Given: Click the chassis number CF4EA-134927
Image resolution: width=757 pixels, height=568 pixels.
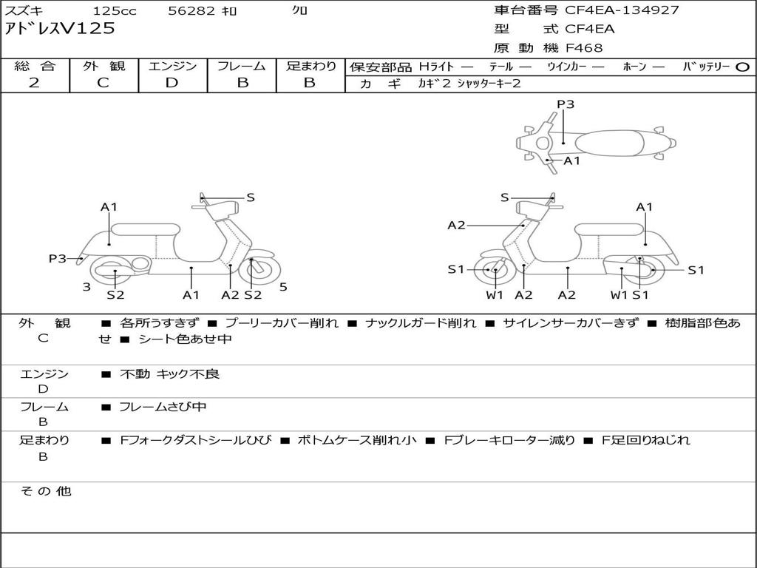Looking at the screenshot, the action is [622, 10].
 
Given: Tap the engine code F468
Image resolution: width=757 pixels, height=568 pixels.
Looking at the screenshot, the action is [584, 48].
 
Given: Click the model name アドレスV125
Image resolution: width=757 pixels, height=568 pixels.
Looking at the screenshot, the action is [60, 29].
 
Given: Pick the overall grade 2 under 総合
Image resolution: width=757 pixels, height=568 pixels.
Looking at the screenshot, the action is [34, 83].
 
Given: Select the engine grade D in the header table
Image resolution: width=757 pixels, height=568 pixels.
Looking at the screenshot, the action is [172, 83].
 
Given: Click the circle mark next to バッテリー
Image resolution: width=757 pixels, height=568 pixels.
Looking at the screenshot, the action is [742, 67].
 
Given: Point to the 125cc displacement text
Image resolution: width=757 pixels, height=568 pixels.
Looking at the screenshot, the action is [115, 10].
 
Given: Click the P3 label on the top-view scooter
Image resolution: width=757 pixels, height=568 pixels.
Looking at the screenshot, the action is [566, 104].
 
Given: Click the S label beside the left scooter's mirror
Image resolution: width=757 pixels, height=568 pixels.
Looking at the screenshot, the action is [251, 197].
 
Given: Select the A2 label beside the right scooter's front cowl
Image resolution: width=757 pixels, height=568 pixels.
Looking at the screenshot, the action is [456, 225].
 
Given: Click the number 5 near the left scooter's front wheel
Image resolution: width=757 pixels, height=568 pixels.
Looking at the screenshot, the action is [283, 287].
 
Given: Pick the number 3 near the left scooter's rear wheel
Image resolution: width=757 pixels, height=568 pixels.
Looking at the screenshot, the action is [86, 287].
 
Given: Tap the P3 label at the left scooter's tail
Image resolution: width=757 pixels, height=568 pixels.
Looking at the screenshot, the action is [58, 258].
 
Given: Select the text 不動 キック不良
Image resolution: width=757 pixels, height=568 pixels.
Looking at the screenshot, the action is [169, 373].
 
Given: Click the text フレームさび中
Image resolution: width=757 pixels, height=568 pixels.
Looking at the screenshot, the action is [163, 407].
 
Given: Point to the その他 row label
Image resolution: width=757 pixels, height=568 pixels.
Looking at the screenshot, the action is [46, 491].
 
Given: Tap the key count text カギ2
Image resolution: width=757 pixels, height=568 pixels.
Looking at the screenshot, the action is [434, 84].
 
